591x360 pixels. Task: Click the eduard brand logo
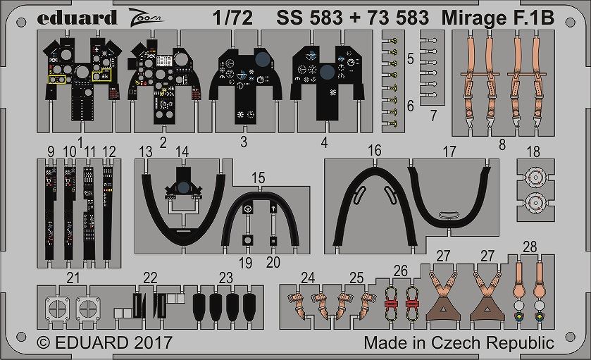[x=77, y=18]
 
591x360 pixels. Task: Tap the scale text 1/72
[x=232, y=18]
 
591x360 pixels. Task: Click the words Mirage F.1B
[x=498, y=18]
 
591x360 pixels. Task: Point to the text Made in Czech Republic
[x=459, y=342]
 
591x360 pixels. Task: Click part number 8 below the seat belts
[x=502, y=144]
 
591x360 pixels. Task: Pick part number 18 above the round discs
[x=533, y=151]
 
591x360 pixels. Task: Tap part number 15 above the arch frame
[x=259, y=178]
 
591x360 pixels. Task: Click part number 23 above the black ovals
[x=226, y=278]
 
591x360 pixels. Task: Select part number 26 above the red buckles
[x=401, y=271]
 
